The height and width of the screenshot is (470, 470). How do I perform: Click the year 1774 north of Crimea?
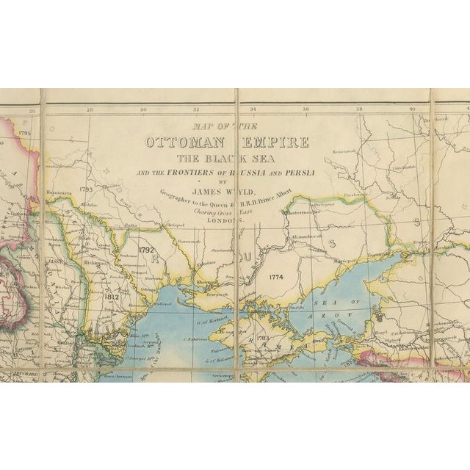pos(276,277)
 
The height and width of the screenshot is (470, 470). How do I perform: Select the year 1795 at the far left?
pos(26,134)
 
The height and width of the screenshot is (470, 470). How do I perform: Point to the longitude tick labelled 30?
pos(143,110)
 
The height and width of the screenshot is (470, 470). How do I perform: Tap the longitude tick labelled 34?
pos(252,110)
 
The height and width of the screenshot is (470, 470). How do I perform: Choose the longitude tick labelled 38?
pos(359,110)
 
